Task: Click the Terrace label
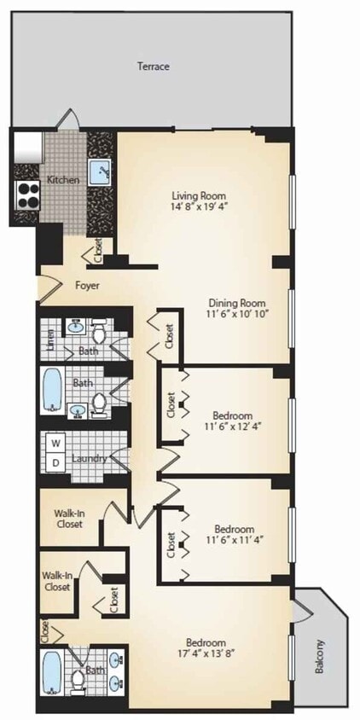coord(154,67)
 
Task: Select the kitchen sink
coord(99,172)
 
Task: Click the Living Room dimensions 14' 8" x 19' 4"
coord(199,206)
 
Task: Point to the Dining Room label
coord(237,303)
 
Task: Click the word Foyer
coord(87,286)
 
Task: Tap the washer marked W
coord(55,444)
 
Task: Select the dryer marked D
coord(55,463)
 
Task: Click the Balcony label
coord(319,657)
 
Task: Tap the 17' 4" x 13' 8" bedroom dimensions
coord(206,652)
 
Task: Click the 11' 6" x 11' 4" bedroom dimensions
coord(235,539)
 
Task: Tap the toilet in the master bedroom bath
coord(78,681)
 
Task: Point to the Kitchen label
coord(63,180)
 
